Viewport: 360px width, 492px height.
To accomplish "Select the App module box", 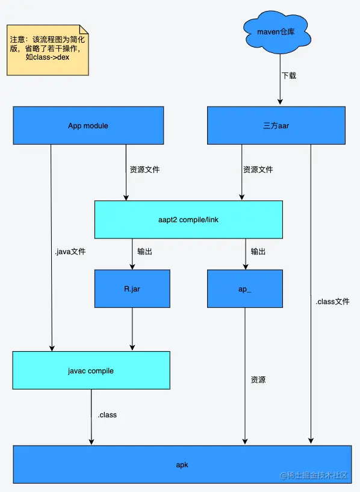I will click(x=88, y=126).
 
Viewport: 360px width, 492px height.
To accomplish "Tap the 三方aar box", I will click(x=276, y=126).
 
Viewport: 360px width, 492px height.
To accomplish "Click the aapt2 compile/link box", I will click(x=188, y=220).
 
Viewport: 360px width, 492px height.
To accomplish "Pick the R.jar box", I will click(x=132, y=288).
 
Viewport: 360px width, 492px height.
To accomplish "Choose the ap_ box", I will click(x=245, y=288).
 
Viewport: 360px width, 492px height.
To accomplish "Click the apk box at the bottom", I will click(x=182, y=465).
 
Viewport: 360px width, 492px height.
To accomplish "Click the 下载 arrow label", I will click(x=288, y=76).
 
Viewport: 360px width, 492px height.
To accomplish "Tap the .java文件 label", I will click(x=70, y=252).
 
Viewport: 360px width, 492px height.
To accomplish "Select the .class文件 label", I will click(x=332, y=301).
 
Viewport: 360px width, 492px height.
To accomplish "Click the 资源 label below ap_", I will click(x=258, y=380).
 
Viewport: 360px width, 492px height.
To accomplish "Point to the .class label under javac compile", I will click(x=107, y=415).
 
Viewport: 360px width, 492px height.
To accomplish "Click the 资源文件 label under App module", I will click(x=144, y=170).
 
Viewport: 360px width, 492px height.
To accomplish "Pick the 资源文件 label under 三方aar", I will click(x=258, y=170).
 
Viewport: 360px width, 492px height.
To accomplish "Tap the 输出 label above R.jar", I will click(x=144, y=251).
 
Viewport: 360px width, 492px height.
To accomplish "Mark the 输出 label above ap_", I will click(x=258, y=251).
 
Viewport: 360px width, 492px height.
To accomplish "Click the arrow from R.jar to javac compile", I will click(x=132, y=328).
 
